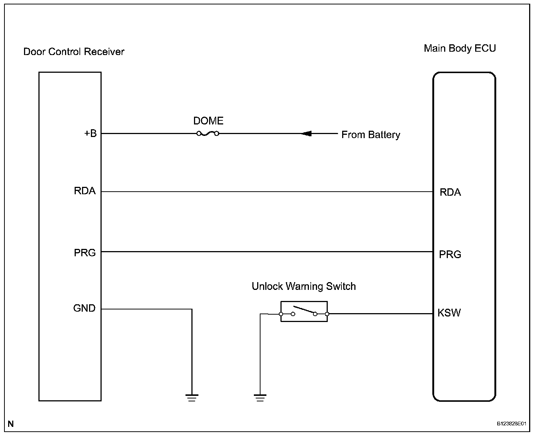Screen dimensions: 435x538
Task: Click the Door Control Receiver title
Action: point(74,51)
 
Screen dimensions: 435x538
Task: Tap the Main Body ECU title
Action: point(460,48)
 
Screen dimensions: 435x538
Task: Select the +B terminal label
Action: point(90,133)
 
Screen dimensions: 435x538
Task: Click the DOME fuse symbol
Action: point(208,133)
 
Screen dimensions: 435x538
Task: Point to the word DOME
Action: point(208,121)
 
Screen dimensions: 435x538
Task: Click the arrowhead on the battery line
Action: point(306,133)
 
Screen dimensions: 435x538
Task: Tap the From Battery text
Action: point(371,135)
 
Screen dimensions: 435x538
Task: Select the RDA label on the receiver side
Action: point(85,191)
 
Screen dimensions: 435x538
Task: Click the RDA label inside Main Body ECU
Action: point(450,192)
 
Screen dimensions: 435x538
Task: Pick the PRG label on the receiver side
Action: point(85,253)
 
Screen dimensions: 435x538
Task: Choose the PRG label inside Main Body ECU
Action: point(450,254)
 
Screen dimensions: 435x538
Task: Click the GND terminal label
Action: point(84,308)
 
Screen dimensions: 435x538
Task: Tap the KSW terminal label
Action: point(449,313)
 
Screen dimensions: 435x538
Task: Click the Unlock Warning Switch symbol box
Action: point(304,311)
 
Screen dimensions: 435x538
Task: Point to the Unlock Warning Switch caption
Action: point(304,286)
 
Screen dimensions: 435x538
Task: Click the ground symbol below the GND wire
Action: point(192,398)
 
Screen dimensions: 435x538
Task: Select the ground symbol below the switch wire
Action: point(260,398)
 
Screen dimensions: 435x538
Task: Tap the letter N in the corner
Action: point(11,424)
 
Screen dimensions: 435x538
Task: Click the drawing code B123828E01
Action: point(511,424)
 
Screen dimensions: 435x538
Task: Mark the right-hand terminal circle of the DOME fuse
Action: point(217,133)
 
